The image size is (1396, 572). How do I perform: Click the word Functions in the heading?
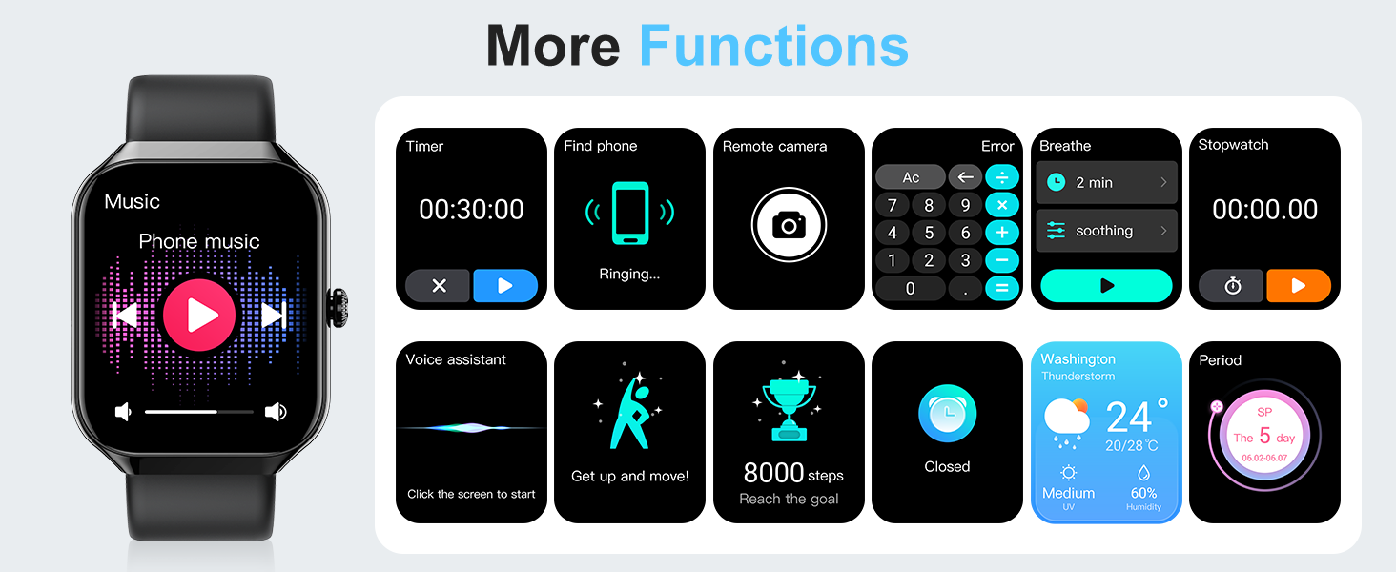pos(773,45)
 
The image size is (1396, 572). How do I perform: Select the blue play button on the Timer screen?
pos(505,286)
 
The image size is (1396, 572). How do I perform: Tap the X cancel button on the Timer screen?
pos(439,286)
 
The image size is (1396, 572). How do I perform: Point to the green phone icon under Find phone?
pos(629,213)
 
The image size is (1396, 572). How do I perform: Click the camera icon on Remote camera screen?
pos(789,225)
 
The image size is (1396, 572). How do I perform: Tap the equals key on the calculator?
pos(1002,288)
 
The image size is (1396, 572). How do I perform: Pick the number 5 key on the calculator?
pos(929,233)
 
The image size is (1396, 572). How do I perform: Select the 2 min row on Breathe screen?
pos(1106,182)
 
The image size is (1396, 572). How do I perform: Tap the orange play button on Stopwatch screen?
pos(1298,286)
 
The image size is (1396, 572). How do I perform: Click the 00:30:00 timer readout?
pos(471,210)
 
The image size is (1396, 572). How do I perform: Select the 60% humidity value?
pos(1143,493)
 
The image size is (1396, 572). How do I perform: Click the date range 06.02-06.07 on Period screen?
pos(1263,459)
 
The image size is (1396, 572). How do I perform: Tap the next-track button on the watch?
pos(274,315)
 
